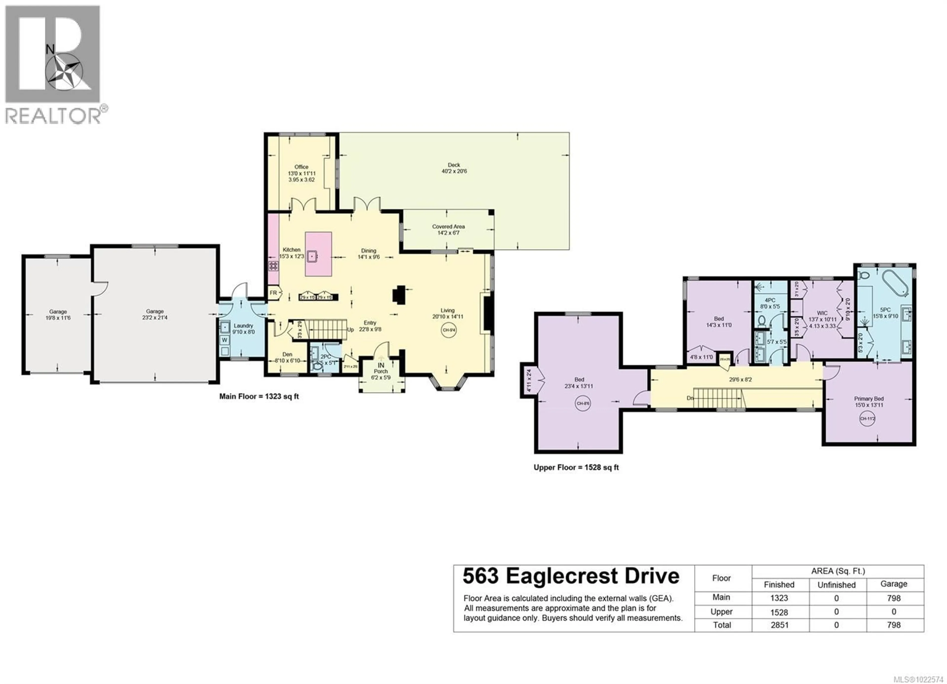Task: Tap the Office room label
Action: (x=301, y=167)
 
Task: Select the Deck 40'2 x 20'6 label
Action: (x=454, y=168)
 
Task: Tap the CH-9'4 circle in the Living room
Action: (x=449, y=330)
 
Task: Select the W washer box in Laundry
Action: (x=225, y=340)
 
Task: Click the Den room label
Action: (x=287, y=354)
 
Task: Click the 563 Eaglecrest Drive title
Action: (x=571, y=576)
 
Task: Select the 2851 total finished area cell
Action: (x=779, y=625)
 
